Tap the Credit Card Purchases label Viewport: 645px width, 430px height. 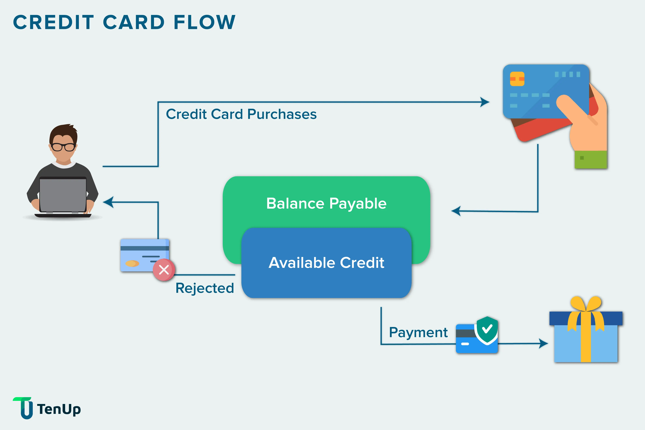[x=241, y=114]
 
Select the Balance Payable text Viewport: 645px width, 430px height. [x=326, y=203]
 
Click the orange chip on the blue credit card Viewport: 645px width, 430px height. [x=517, y=79]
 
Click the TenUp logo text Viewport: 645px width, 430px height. [x=59, y=409]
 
